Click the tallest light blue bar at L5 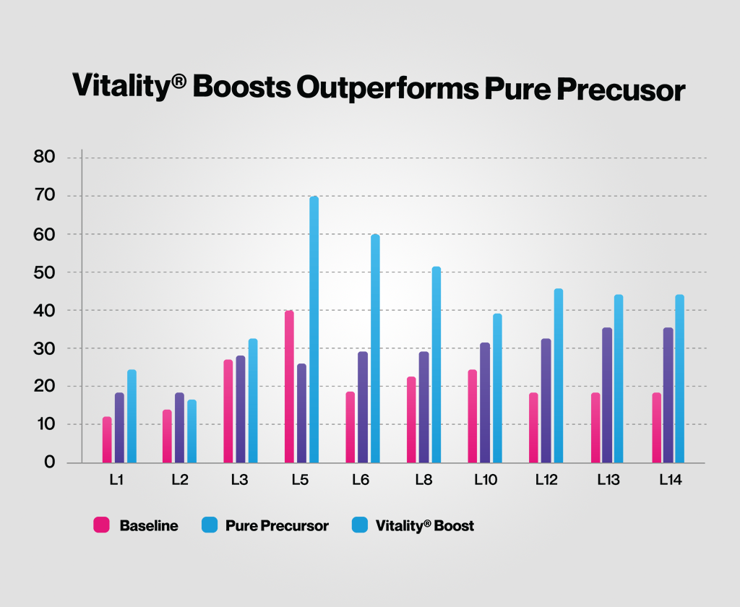314,329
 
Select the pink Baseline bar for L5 289,387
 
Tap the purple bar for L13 607,395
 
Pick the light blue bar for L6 375,348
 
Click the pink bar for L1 107,439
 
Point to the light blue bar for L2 192,431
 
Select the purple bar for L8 423,407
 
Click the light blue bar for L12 558,376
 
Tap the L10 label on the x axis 485,479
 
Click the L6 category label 362,479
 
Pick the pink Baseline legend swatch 101,525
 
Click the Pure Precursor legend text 277,526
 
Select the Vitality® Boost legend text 425,526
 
